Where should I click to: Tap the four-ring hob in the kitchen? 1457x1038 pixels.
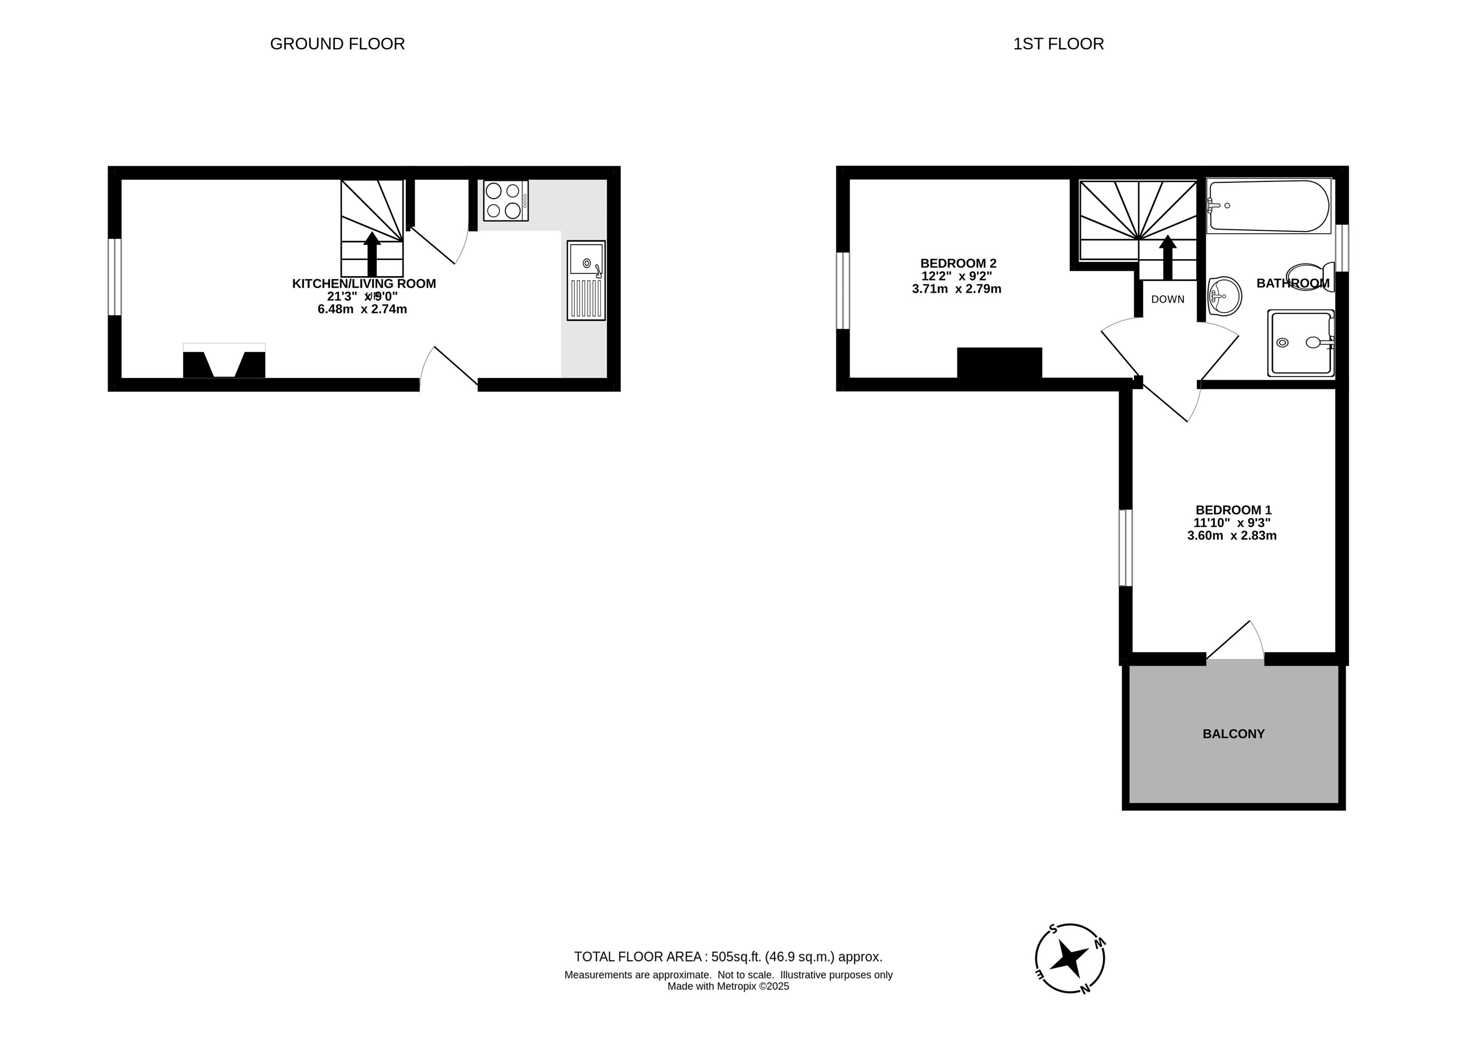(506, 201)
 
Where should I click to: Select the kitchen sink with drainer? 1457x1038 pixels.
(585, 280)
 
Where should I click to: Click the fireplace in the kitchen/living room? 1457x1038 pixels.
(224, 361)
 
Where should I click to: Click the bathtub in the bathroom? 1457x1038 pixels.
(1268, 206)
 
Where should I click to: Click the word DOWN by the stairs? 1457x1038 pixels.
(1168, 299)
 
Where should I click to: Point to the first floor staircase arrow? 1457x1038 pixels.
(1167, 258)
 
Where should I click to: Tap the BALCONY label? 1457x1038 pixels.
(1233, 734)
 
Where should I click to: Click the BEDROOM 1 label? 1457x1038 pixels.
(1233, 510)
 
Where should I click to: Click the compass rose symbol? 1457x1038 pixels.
(1070, 959)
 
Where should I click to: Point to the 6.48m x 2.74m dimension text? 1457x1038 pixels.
(362, 309)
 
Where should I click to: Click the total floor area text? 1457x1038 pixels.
(728, 957)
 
